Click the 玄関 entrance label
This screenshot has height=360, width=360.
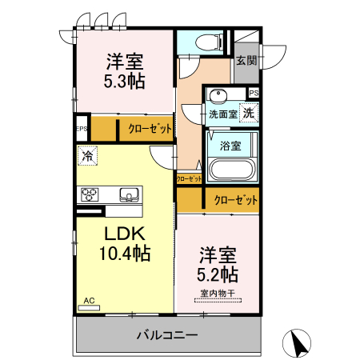click(x=246, y=61)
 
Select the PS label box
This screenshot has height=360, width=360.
click(x=254, y=94)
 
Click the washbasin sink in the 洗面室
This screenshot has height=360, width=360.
click(x=217, y=98)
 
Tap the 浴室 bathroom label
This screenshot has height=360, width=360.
click(x=230, y=146)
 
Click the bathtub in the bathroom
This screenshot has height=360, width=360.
click(x=230, y=170)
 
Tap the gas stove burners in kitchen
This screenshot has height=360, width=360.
click(x=89, y=194)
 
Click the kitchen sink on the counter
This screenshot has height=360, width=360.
click(x=129, y=194)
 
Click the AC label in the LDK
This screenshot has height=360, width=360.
click(x=89, y=301)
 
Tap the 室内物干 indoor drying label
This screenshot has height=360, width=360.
click(x=218, y=294)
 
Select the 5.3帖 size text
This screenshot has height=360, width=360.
click(x=123, y=81)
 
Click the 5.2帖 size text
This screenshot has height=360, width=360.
click(x=218, y=274)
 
